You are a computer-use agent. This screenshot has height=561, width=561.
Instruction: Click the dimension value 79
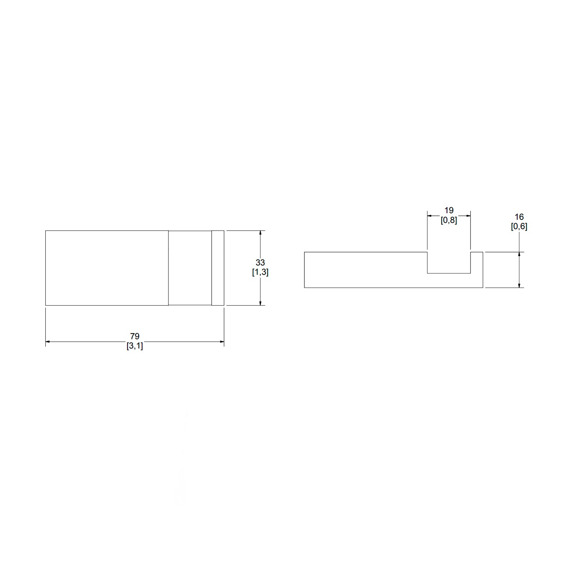point(135,336)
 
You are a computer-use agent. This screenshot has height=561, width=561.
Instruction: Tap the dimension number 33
point(260,263)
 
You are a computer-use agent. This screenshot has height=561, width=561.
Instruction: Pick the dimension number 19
point(449,211)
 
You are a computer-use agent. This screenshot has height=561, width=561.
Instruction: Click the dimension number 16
point(519,217)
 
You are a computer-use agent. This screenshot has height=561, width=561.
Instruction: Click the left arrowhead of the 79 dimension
point(48,341)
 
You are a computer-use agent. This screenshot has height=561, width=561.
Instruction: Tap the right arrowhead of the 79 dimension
point(222,341)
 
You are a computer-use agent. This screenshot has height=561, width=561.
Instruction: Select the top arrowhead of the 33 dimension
point(260,233)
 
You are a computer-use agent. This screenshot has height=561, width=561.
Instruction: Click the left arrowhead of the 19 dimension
point(430,216)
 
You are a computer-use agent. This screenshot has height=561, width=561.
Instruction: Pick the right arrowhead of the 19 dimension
point(468,216)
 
